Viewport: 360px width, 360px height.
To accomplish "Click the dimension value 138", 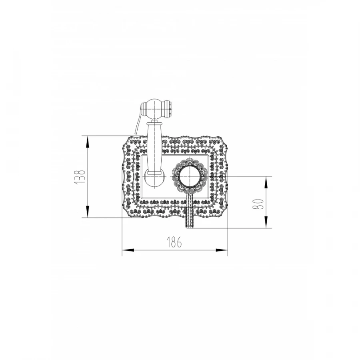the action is click(x=80, y=176).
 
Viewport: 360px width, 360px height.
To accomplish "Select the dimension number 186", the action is click(x=174, y=242).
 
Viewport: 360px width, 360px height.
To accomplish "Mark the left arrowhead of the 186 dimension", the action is click(x=128, y=250).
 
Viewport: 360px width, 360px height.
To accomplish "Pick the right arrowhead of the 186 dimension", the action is click(x=222, y=250).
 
